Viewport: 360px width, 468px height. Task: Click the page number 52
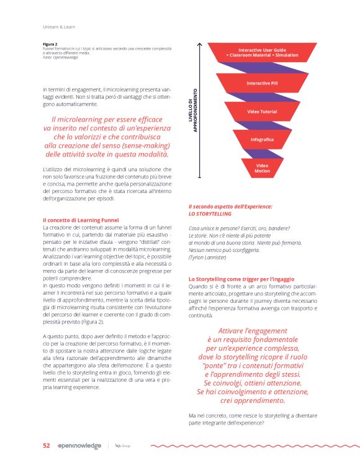tap(46, 446)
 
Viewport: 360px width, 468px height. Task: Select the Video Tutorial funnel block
tap(262, 111)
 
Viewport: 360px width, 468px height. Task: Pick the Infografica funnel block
tap(262, 140)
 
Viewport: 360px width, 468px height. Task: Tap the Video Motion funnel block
tap(262, 168)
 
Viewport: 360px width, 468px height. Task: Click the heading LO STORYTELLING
tap(211, 214)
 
